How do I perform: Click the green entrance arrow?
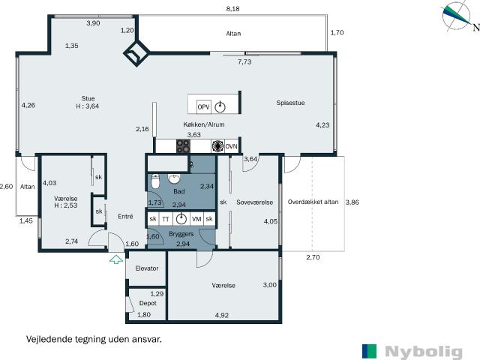point(116,259)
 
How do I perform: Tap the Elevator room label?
point(147,268)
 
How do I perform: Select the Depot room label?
point(148,303)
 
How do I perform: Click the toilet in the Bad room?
point(155,181)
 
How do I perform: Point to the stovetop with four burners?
point(183,146)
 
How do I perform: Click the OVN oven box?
point(231,146)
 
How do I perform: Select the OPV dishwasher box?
point(203,106)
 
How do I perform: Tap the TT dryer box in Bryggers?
point(165,219)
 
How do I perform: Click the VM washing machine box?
point(196,219)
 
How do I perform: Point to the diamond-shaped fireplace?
point(136,53)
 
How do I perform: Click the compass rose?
point(456,16)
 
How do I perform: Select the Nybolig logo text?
point(424,352)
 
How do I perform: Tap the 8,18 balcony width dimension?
point(232,9)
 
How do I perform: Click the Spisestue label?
point(290,103)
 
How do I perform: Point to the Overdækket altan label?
point(313,202)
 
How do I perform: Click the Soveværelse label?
point(255,202)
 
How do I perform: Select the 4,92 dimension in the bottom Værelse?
point(222,315)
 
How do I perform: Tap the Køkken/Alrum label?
point(204,124)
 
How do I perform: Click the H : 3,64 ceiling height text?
point(88,106)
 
